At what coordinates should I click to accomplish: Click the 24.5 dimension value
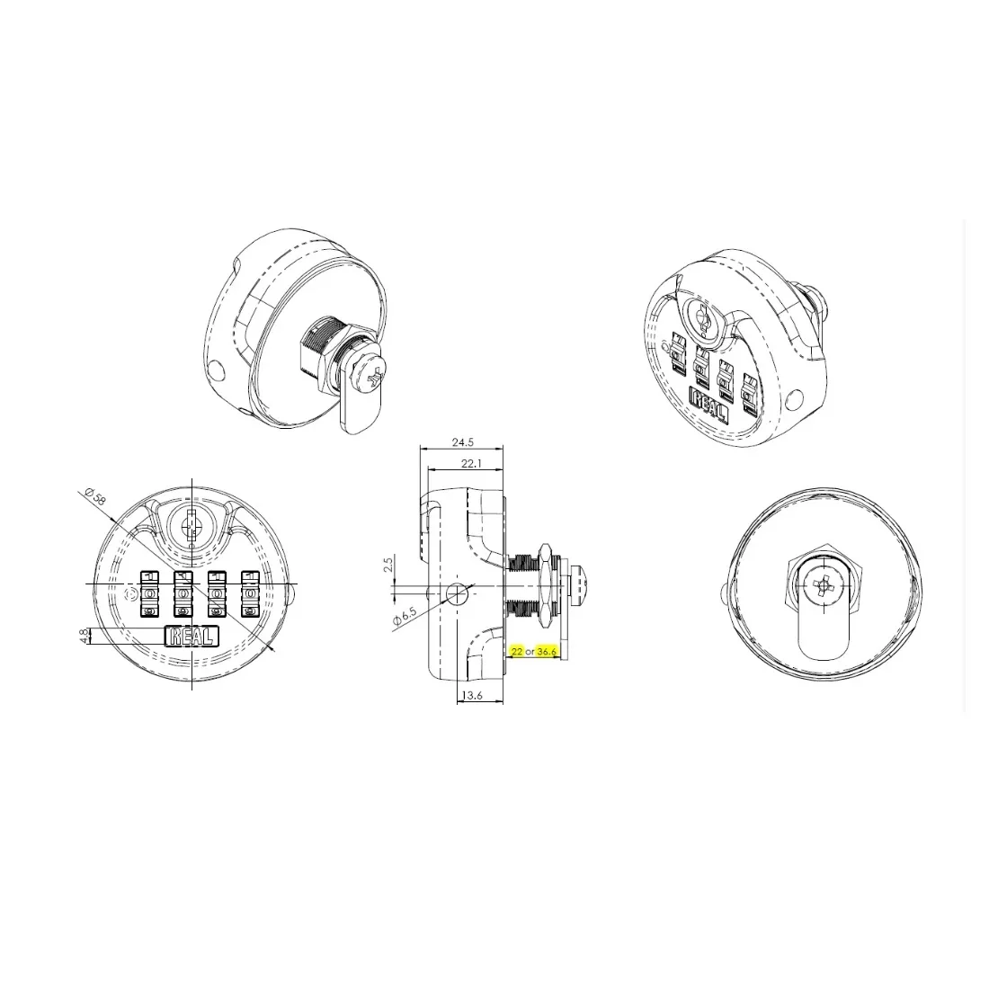[x=462, y=442]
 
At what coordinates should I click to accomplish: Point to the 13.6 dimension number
[x=470, y=695]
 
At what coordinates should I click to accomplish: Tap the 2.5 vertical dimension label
[x=388, y=565]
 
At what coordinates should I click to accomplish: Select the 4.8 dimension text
[x=85, y=636]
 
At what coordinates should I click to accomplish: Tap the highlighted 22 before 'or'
[x=516, y=651]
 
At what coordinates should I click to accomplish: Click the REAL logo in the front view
[x=191, y=637]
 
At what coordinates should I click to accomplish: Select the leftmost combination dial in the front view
[x=149, y=594]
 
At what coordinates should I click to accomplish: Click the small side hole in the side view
[x=457, y=593]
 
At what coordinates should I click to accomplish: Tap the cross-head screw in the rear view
[x=824, y=587]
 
